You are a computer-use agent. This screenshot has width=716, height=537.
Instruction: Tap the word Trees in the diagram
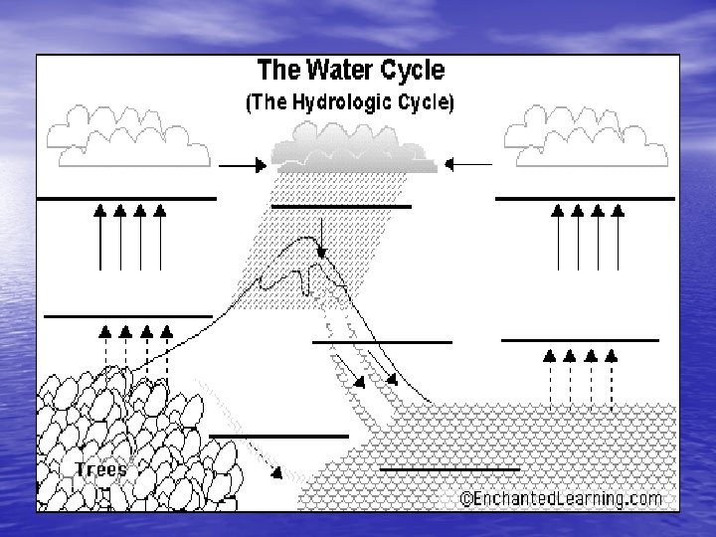pos(99,468)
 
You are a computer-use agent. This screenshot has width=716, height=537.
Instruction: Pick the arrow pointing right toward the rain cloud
pos(239,165)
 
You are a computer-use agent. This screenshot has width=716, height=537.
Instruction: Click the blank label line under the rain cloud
pos(341,206)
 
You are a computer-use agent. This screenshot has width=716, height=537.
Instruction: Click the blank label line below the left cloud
pos(126,199)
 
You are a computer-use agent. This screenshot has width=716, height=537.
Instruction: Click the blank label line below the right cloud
pos(585,199)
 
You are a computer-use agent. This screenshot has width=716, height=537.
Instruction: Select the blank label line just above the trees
pos(127,316)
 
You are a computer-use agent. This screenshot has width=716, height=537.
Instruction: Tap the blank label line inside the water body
pos(450,467)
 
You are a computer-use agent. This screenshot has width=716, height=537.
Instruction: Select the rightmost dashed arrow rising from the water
pos(611,378)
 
